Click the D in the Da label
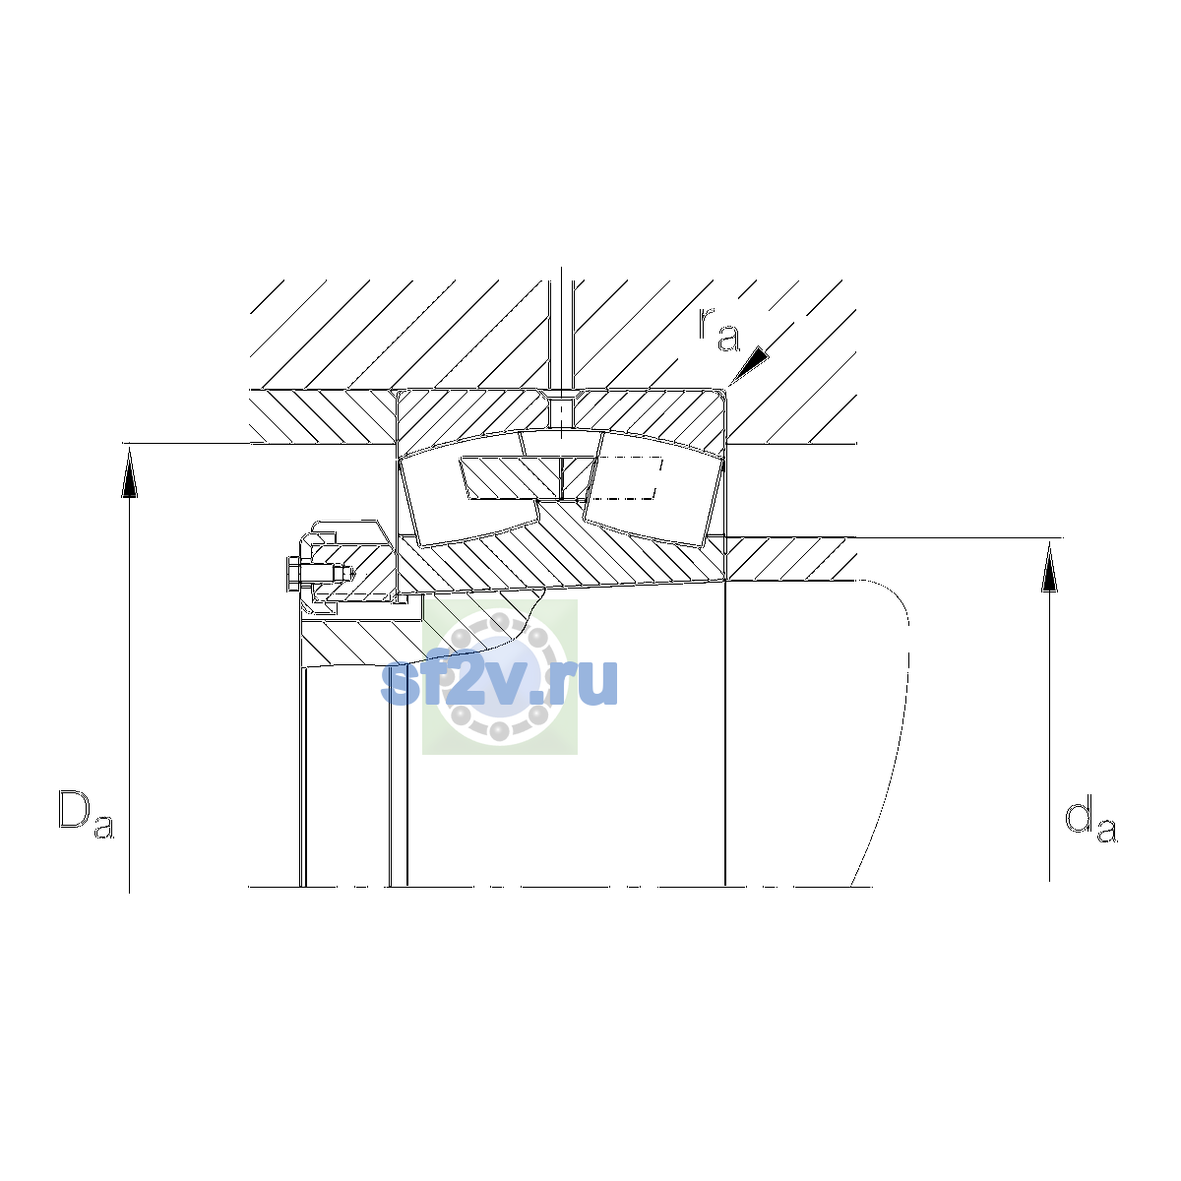pyautogui.click(x=74, y=810)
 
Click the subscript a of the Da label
pyautogui.click(x=104, y=826)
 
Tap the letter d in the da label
pyautogui.click(x=1080, y=816)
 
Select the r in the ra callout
pyautogui.click(x=706, y=324)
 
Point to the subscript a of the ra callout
pyautogui.click(x=728, y=339)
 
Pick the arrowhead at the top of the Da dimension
pyautogui.click(x=129, y=471)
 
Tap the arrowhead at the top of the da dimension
pyautogui.click(x=1050, y=566)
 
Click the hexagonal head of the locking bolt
pyautogui.click(x=293, y=574)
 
